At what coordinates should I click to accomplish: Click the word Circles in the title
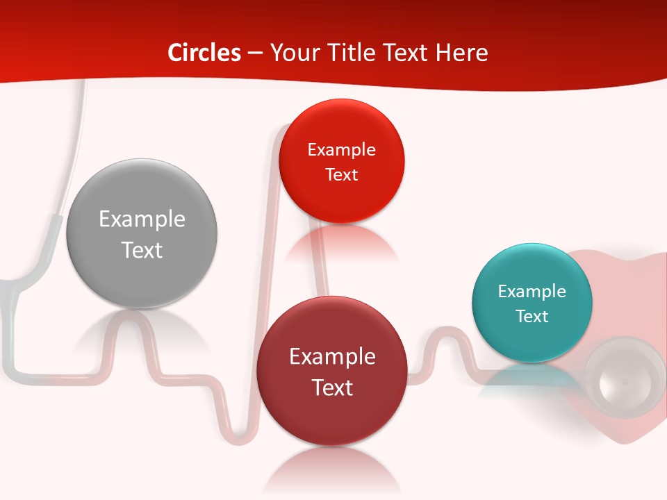click(x=204, y=53)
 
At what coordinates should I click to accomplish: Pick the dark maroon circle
click(x=332, y=417)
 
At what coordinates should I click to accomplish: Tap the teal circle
click(x=532, y=340)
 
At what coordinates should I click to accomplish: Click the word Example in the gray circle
click(x=142, y=219)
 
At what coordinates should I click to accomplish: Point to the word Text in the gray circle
click(x=142, y=250)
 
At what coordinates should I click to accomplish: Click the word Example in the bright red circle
click(x=341, y=150)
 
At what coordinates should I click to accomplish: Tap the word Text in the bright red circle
click(x=341, y=174)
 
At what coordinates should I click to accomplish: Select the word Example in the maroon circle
click(x=332, y=357)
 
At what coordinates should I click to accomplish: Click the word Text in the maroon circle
click(x=332, y=387)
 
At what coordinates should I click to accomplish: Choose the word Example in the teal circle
click(x=532, y=291)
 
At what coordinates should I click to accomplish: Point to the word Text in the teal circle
click(x=532, y=316)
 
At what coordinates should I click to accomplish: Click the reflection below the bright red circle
click(x=341, y=243)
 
